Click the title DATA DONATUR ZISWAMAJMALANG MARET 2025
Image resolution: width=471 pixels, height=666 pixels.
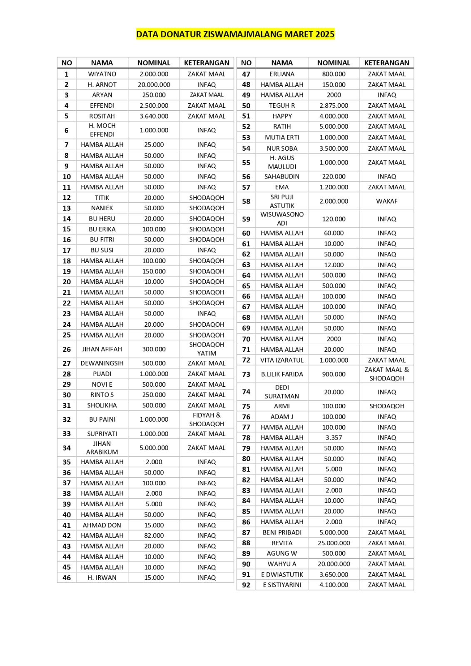(235, 34)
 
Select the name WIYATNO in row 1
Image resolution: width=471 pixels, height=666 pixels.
(102, 74)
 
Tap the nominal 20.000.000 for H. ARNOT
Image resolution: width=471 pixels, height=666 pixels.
(154, 84)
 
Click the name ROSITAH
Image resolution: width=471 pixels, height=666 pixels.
(102, 116)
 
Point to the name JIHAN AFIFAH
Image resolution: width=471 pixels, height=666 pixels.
(102, 349)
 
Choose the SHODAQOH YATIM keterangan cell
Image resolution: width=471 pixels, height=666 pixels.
(207, 349)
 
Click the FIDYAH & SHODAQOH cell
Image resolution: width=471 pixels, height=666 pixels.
(207, 420)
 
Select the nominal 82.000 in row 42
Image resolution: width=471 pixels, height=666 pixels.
(154, 536)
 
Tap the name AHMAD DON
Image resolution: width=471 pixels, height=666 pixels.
(102, 525)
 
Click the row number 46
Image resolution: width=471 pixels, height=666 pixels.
(67, 578)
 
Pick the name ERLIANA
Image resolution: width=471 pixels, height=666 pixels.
(282, 74)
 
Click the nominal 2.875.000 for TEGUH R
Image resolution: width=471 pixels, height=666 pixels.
(334, 106)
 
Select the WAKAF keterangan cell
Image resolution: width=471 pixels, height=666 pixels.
(386, 201)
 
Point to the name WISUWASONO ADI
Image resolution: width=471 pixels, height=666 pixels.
(282, 219)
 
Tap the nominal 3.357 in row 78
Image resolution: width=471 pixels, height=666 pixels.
(334, 437)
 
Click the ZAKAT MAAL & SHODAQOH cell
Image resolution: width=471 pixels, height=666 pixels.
(386, 374)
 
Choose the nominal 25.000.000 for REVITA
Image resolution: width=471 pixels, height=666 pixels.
(334, 543)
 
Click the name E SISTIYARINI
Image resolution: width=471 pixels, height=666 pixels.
(282, 585)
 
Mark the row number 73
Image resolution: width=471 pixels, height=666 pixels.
(246, 374)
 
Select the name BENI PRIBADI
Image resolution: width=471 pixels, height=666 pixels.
(282, 532)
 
